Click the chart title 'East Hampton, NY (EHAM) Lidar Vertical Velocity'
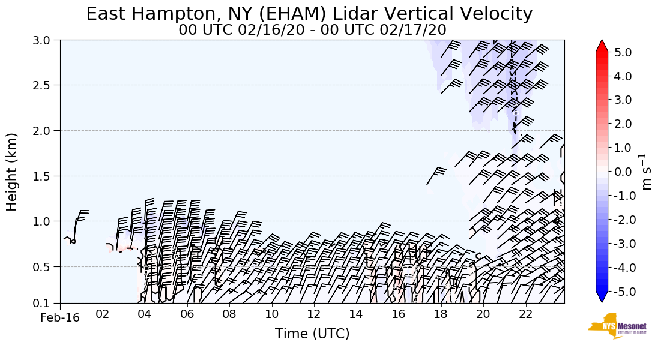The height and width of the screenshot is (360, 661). tap(309, 14)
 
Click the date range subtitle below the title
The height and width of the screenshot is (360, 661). tap(312, 29)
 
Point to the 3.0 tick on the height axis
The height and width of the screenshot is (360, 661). tap(45, 40)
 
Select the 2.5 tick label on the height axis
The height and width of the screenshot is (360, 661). tap(45, 85)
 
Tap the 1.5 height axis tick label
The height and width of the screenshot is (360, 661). tap(45, 176)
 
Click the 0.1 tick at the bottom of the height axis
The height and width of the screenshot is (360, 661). tap(45, 304)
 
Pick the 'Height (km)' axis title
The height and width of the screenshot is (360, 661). tap(13, 172)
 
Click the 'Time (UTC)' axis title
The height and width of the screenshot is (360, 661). tap(312, 334)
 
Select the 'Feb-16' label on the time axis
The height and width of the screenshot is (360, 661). tap(60, 317)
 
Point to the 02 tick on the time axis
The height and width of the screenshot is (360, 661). tap(102, 314)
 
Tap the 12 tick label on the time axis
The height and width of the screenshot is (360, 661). tap(314, 314)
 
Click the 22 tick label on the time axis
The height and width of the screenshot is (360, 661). tap(526, 314)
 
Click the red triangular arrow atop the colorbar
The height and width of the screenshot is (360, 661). tap(602, 46)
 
